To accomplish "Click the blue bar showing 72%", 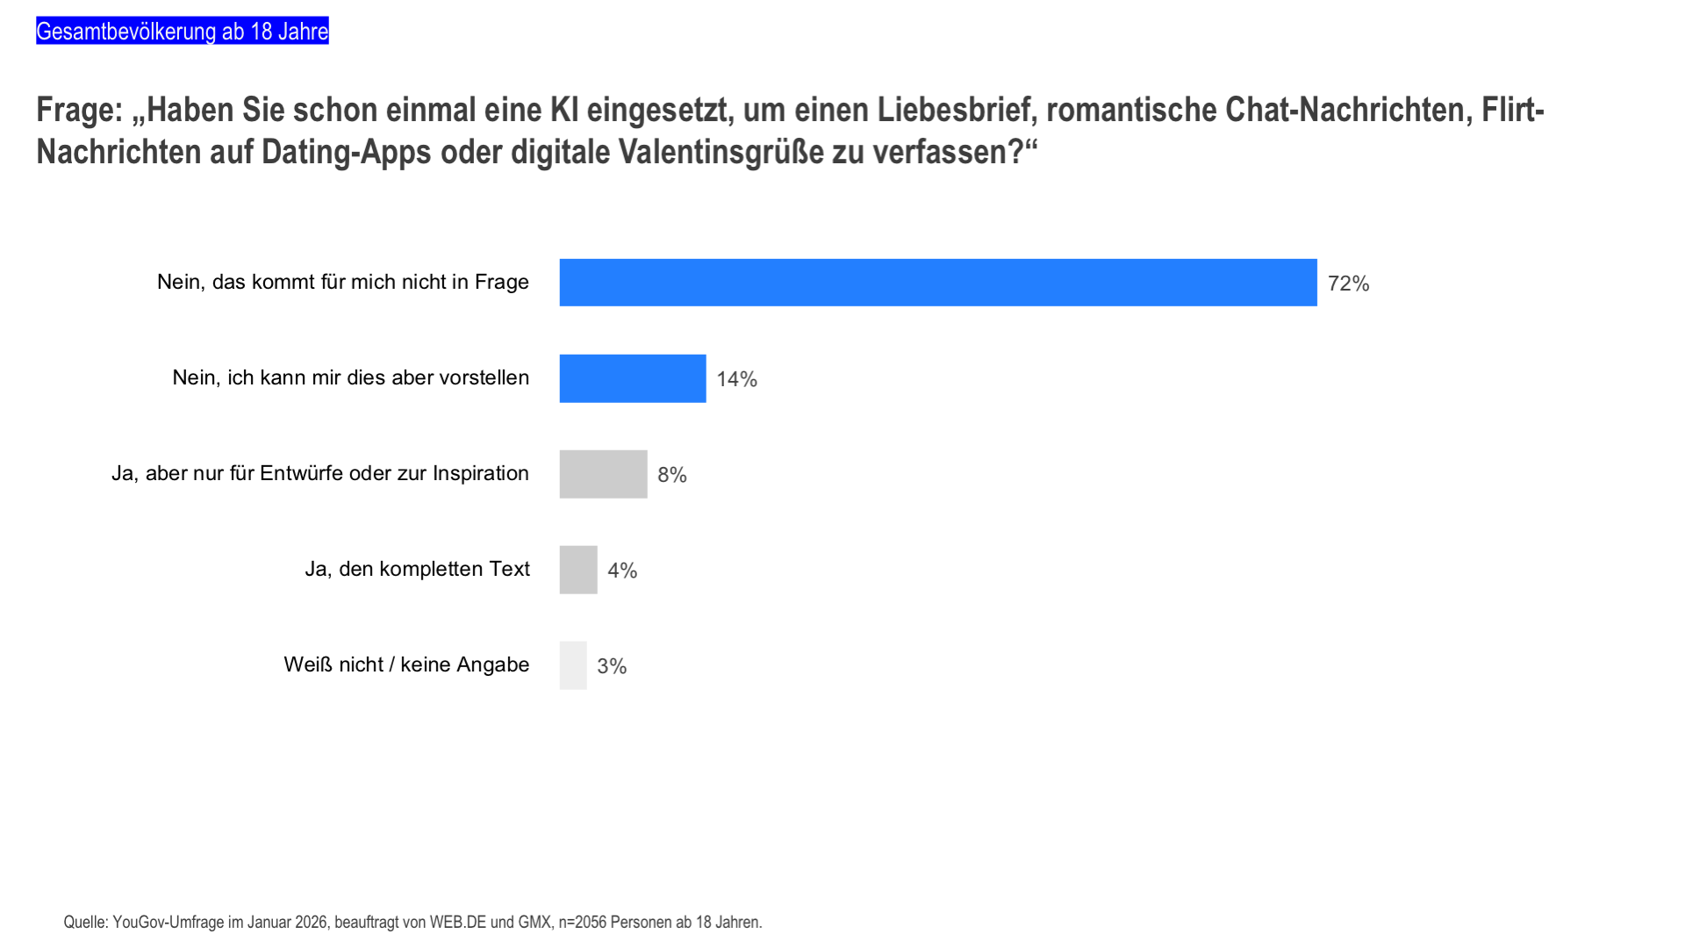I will coord(937,283).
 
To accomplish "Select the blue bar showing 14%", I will coord(632,378).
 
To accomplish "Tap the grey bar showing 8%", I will coord(603,474).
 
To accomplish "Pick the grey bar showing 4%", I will coord(578,570).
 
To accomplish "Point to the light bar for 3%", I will coord(573,665).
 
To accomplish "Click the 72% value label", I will coord(1348,284).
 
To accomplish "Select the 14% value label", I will coord(736,379).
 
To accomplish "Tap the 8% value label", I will coord(672,475).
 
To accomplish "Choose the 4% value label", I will coord(622,571).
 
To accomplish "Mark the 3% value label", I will coord(612,666).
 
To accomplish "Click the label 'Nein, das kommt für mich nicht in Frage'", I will coord(343,282).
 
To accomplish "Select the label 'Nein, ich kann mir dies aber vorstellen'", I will coord(351,377).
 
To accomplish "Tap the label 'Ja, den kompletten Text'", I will coord(417,569).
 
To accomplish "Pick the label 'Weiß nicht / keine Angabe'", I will coord(406,664).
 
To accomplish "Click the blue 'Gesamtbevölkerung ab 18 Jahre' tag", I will coord(183,32).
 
